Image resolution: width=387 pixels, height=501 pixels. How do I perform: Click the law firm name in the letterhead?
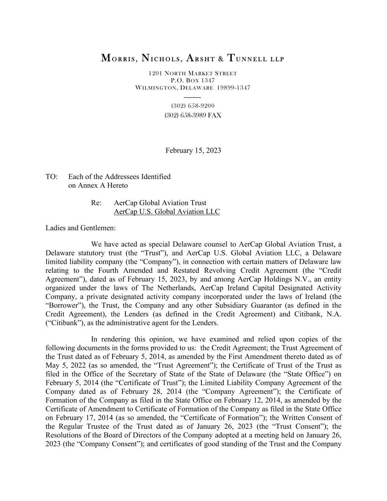193,58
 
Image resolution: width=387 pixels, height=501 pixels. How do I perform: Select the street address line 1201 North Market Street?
193,73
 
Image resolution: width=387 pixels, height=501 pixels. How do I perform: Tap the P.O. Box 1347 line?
193,80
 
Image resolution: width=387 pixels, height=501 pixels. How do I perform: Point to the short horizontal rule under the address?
193,97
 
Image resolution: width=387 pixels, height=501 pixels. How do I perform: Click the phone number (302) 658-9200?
193,106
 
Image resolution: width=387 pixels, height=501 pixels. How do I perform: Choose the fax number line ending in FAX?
193,115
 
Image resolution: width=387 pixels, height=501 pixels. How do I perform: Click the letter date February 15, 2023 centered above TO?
193,150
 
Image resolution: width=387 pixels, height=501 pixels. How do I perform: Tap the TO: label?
51,177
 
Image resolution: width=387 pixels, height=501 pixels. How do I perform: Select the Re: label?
96,203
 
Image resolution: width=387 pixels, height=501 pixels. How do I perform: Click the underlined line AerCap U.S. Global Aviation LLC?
167,212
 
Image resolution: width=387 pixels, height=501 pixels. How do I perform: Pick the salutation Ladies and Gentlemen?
80,228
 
